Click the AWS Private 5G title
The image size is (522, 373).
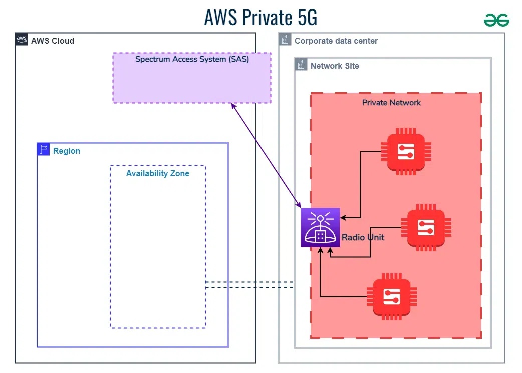pyautogui.click(x=260, y=17)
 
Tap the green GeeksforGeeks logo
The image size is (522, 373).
pyautogui.click(x=496, y=20)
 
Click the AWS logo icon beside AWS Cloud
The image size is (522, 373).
pyautogui.click(x=22, y=40)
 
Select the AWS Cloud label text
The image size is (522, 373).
pyautogui.click(x=53, y=41)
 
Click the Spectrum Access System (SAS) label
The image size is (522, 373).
pyautogui.click(x=192, y=59)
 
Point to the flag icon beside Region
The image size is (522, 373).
pyautogui.click(x=44, y=149)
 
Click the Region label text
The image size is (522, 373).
pyautogui.click(x=67, y=151)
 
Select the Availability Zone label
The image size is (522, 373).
pyautogui.click(x=158, y=173)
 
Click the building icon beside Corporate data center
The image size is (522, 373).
pyautogui.click(x=285, y=40)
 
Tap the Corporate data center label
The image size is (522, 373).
pyautogui.click(x=336, y=41)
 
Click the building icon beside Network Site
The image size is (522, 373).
pyautogui.click(x=301, y=65)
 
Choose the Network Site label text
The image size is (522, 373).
pyautogui.click(x=335, y=66)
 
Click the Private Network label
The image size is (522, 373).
pyautogui.click(x=391, y=102)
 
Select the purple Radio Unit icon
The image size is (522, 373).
pyautogui.click(x=320, y=227)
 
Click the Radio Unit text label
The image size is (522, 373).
pyautogui.click(x=363, y=237)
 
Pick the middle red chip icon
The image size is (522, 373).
pyautogui.click(x=426, y=227)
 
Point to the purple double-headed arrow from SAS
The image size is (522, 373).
pyautogui.click(x=266, y=155)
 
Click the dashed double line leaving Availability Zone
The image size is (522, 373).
pyautogui.click(x=249, y=285)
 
